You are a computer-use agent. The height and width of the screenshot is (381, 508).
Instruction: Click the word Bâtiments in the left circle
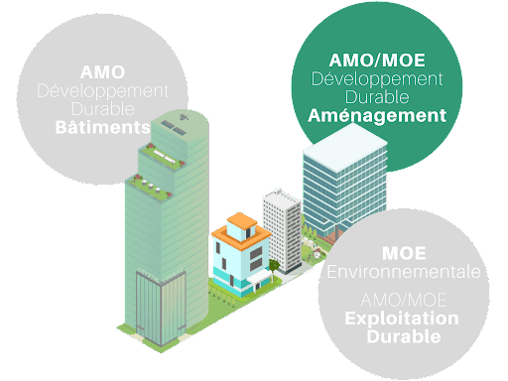[102, 127]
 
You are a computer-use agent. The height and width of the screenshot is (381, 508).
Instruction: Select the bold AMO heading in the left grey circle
[102, 72]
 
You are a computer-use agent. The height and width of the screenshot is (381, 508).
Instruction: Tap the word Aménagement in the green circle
[377, 116]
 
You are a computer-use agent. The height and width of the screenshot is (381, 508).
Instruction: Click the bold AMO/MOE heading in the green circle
[377, 61]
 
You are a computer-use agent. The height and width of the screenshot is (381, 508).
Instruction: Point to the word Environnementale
[404, 272]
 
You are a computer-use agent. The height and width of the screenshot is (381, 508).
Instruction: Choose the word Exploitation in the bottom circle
[402, 319]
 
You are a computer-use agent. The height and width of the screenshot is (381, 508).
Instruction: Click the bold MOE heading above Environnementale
[404, 254]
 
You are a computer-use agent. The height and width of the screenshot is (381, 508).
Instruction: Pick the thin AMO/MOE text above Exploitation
[404, 300]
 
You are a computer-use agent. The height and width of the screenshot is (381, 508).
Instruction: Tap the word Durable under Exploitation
[404, 336]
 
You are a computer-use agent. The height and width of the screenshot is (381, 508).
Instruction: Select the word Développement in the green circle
[377, 79]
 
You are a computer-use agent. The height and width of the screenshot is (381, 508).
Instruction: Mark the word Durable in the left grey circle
[103, 109]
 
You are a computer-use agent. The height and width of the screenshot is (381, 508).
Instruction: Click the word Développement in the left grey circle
[103, 91]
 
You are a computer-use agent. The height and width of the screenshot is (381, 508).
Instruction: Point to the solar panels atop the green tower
[174, 127]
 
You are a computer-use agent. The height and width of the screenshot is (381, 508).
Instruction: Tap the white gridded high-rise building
[282, 230]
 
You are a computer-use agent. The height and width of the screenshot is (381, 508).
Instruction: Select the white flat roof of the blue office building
[345, 147]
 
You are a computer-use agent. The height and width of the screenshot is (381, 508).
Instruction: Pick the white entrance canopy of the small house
[260, 278]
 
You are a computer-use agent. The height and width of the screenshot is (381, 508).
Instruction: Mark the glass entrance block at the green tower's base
[161, 309]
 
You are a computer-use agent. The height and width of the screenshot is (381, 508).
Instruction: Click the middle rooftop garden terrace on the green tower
[162, 157]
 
